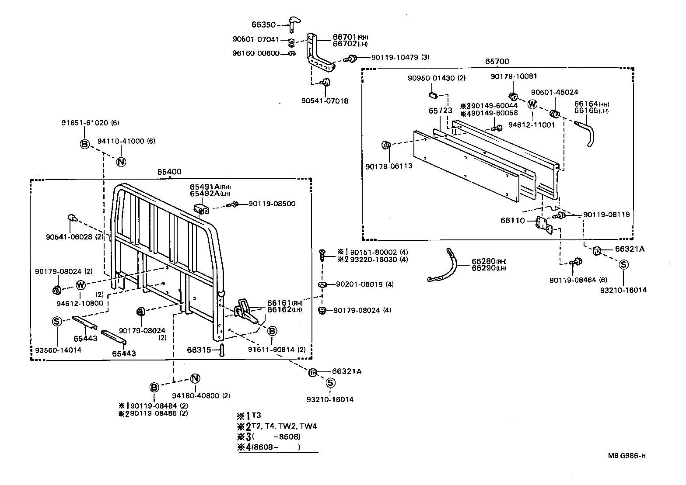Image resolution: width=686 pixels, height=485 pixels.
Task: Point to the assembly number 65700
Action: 497,62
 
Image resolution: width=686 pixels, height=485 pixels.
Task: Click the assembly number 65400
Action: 169,172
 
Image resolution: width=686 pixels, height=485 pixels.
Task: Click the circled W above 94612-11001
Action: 532,104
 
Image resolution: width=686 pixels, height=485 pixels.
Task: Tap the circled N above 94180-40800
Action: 195,379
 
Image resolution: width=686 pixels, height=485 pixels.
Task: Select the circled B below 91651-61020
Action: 85,144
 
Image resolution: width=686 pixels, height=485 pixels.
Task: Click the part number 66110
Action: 512,221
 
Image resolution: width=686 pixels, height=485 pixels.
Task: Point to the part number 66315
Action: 199,350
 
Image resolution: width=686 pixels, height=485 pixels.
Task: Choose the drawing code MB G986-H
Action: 626,456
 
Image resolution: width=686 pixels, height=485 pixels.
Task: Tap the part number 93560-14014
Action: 58,350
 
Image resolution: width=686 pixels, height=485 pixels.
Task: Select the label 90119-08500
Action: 272,204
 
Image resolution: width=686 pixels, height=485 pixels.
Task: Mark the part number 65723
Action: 440,111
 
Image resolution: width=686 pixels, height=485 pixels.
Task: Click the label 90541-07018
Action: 325,101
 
